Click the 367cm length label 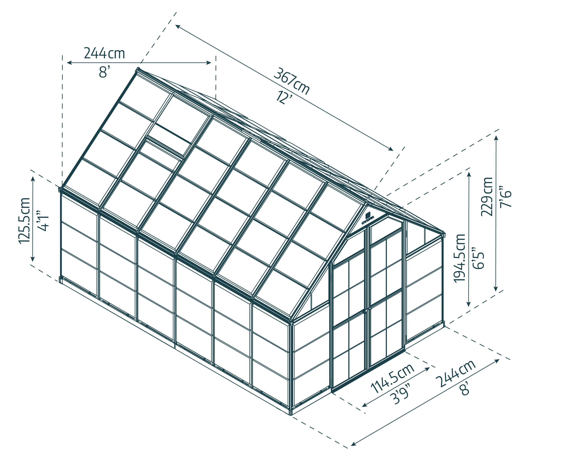coord(291,81)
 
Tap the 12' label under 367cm coord(284,97)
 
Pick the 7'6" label coord(505,197)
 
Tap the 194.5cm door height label coord(460,258)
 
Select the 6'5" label coord(478,258)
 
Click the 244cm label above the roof coord(104,53)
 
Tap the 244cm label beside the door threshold coord(456,373)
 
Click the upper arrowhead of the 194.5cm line coord(469,175)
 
